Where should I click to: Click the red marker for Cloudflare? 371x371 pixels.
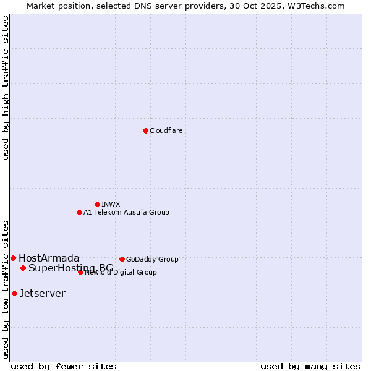coord(145,130)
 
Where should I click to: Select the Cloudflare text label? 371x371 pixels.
coord(166,130)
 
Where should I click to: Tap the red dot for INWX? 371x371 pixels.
coord(97,204)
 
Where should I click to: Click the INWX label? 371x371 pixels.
coord(111,204)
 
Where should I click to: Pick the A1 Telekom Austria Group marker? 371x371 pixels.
coord(79,212)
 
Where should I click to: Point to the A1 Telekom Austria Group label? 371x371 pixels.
coord(126,212)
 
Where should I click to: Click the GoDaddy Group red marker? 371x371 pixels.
coord(122,259)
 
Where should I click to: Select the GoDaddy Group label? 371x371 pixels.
coord(152,259)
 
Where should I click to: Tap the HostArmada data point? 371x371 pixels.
coord(13,258)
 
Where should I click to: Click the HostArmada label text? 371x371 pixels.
coord(49,258)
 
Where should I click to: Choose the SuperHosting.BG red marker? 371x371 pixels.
coord(23,268)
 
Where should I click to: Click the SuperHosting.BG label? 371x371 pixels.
coord(70,268)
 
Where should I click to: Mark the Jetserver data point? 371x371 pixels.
coord(14,293)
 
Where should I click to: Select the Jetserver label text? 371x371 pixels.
coord(42,293)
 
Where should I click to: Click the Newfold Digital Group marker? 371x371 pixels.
coord(80,272)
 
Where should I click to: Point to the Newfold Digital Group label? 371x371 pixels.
coord(121,272)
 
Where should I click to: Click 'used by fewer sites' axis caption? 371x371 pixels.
coord(64,366)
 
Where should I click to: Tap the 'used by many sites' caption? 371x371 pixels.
coord(310,366)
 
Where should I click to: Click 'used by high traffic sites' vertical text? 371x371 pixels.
coord(6,88)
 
